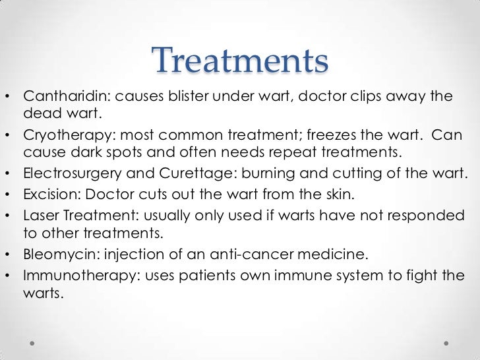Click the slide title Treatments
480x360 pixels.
point(240,62)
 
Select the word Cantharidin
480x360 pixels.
point(63,96)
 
